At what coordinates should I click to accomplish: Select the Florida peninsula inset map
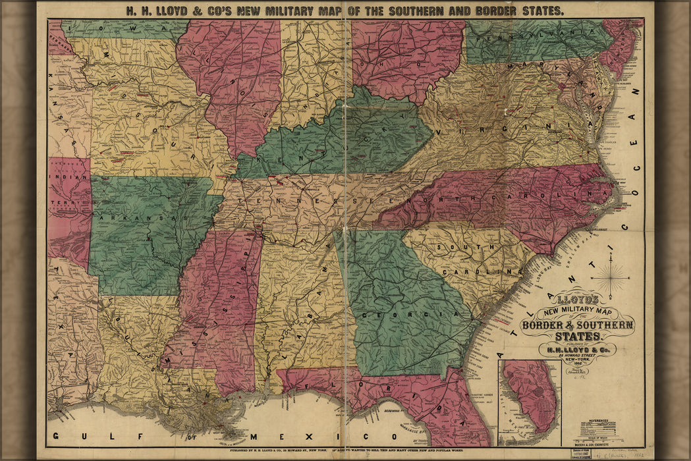pyautogui.click(x=529, y=402)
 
